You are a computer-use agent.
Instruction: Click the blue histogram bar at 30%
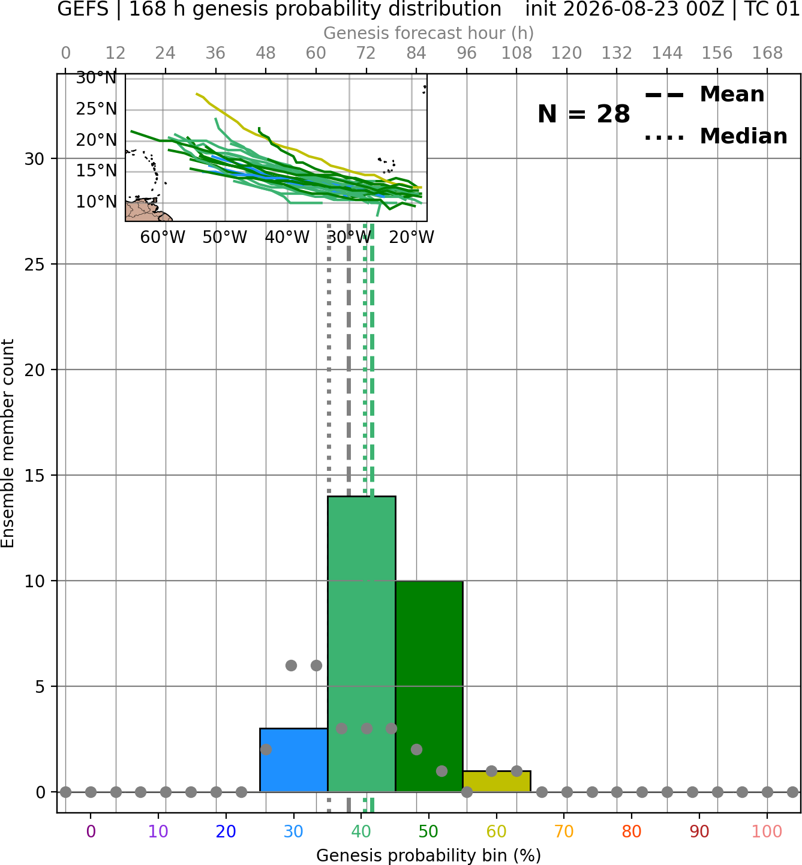[x=293, y=759]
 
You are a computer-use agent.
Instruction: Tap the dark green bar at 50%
[x=429, y=686]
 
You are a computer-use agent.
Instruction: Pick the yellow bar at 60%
[x=497, y=781]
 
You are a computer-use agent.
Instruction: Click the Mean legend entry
[x=704, y=95]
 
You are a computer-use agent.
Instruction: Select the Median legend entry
[x=716, y=136]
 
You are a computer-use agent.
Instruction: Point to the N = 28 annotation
[x=584, y=114]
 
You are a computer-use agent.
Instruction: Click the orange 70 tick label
[x=564, y=831]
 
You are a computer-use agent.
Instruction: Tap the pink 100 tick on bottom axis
[x=767, y=831]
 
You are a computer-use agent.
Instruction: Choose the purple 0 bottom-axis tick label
[x=91, y=831]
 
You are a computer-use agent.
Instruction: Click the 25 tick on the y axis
[x=34, y=265]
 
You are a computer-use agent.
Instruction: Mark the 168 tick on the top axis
[x=768, y=53]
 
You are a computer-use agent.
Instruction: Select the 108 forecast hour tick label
[x=516, y=53]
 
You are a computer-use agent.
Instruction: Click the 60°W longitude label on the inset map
[x=163, y=238]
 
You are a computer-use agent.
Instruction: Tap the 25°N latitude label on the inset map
[x=96, y=109]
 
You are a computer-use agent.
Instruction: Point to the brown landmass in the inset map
[x=146, y=211]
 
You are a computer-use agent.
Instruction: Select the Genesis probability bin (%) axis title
[x=429, y=855]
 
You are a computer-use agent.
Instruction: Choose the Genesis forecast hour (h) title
[x=429, y=33]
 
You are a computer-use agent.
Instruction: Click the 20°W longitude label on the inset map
[x=411, y=238]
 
